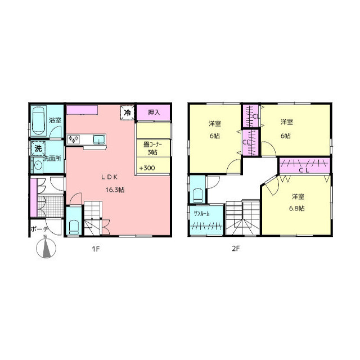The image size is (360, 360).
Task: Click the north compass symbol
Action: tap(46, 247)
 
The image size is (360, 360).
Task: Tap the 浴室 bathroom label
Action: tap(55, 120)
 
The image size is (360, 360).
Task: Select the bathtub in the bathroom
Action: tap(38, 120)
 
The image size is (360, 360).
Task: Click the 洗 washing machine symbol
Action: tap(38, 148)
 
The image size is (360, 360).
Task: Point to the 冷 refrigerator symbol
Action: tap(128, 112)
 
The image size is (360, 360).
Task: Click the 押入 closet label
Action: tap(154, 112)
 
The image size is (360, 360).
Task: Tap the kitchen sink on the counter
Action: tap(99, 139)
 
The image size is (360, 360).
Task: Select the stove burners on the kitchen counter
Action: tap(74, 139)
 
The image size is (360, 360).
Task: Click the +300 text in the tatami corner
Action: tap(147, 168)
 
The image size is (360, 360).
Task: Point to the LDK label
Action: tap(110, 177)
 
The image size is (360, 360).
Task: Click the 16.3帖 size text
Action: tap(115, 190)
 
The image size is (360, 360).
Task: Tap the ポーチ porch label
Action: tap(39, 229)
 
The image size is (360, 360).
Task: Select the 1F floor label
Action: tap(96, 249)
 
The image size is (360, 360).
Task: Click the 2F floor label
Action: tap(236, 249)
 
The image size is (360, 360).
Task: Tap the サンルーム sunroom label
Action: tap(202, 214)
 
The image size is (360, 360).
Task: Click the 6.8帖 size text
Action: tap(297, 208)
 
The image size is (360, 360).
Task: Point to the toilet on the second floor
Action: tap(199, 195)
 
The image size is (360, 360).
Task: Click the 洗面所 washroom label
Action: tap(52, 158)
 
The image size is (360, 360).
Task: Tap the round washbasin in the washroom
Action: tap(38, 165)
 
